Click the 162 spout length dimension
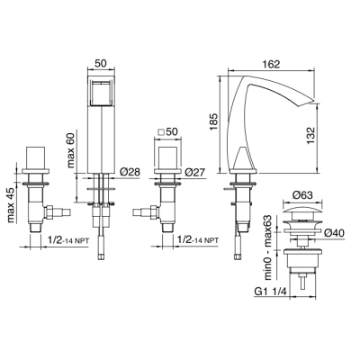271,64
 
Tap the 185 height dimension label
213,121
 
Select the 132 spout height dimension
311,136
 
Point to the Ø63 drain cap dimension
302,195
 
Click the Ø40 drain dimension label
334,232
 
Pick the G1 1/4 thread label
271,292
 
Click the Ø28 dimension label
130,172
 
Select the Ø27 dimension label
194,172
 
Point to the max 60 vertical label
72,149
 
